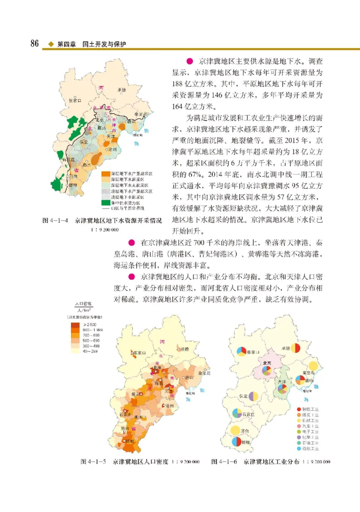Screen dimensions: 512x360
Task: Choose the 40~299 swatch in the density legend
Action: [75, 351]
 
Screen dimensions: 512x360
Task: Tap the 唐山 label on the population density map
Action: [189, 377]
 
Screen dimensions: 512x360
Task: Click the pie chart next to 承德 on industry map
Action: [295, 348]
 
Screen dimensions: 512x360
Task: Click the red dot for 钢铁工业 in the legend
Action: [299, 408]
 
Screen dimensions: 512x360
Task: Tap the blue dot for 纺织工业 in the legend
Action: [299, 449]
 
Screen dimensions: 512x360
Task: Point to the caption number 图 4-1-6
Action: [224, 462]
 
